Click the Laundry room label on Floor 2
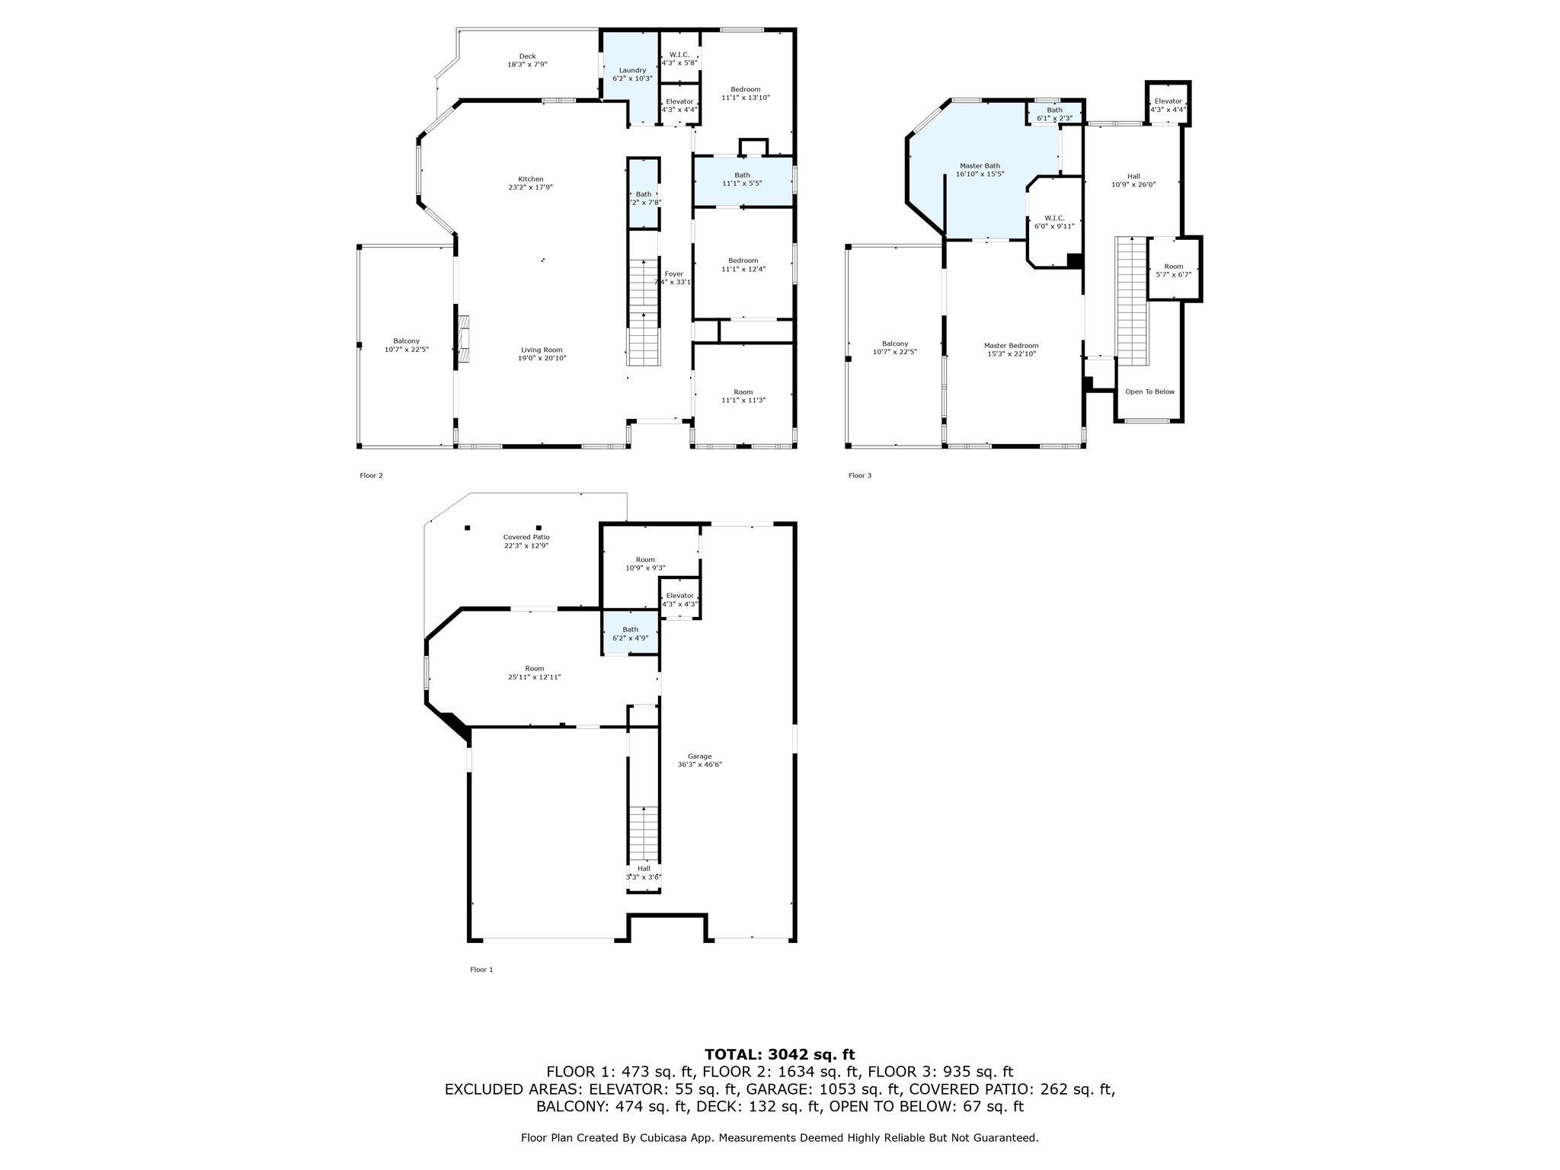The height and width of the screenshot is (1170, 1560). point(632,71)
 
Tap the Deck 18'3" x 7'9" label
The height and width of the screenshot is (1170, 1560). point(527,60)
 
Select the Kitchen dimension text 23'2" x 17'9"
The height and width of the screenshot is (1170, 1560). point(531,187)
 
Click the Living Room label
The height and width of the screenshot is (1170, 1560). point(542,350)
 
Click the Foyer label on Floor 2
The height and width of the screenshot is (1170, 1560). point(673,274)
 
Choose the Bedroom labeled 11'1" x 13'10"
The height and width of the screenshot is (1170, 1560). point(745,94)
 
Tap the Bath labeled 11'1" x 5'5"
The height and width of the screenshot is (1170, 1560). point(742,180)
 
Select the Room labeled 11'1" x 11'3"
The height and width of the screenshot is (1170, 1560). point(743,396)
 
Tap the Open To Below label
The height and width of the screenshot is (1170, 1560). point(1149,392)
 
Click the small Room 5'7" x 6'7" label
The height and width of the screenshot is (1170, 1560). point(1174,270)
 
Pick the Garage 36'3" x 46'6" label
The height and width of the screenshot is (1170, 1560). point(699,760)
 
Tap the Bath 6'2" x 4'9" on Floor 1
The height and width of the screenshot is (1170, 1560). point(630,634)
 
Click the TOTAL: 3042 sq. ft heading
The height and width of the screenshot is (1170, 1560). point(779,1055)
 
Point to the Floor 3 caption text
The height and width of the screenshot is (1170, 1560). point(859,476)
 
